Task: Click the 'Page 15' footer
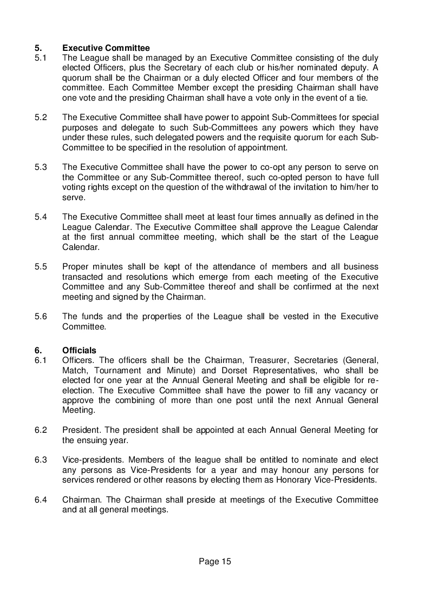(x=215, y=562)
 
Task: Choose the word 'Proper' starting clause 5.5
(x=76, y=267)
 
